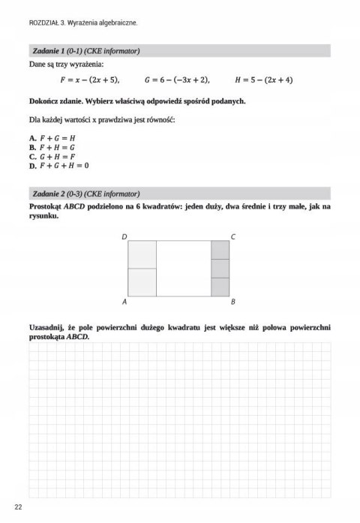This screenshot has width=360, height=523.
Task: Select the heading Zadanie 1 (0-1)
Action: point(86,51)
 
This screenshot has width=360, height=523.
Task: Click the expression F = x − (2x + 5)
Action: point(89,80)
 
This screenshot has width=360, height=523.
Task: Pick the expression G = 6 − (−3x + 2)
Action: point(177,80)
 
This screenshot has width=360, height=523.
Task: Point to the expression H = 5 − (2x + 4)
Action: point(264,80)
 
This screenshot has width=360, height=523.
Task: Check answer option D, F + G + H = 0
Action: point(58,166)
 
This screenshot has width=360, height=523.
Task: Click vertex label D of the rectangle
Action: point(124,236)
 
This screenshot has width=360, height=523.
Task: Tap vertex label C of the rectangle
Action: point(233,236)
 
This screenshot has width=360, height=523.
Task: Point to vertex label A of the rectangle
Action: point(124,302)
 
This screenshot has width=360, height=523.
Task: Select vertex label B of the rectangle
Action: point(233,302)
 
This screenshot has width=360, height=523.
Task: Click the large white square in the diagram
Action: point(184,268)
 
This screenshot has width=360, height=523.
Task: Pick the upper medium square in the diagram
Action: point(142,254)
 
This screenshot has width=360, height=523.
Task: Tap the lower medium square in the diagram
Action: point(142,281)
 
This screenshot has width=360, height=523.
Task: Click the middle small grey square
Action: point(220,268)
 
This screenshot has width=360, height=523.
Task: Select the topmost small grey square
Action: point(220,250)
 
